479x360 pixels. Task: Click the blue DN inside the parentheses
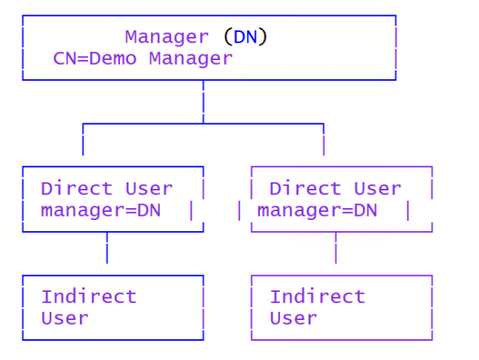coord(245,37)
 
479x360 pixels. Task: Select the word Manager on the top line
coord(166,37)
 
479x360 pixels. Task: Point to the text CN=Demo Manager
coord(143,58)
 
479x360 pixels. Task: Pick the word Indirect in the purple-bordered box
coord(317,296)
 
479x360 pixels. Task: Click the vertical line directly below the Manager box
coord(203,102)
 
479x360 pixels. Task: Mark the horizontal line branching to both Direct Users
coord(203,124)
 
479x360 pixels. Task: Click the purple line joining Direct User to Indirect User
coord(335,252)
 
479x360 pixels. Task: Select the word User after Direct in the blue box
coord(149,189)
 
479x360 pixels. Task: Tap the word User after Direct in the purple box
coord(377,189)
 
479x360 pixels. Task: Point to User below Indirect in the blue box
coord(65,318)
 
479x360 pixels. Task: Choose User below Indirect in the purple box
coord(293,318)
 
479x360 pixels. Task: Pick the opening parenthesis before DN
coord(227,37)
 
